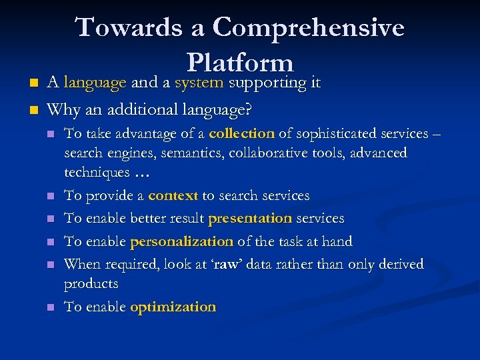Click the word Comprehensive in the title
coord(308,28)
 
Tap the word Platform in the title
coord(240,63)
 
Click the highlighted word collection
coord(241,133)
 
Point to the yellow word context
coord(173,196)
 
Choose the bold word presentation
coord(250,219)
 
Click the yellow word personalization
coord(182,241)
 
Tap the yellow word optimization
coord(173,307)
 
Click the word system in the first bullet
coord(199,83)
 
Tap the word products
coord(91,284)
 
